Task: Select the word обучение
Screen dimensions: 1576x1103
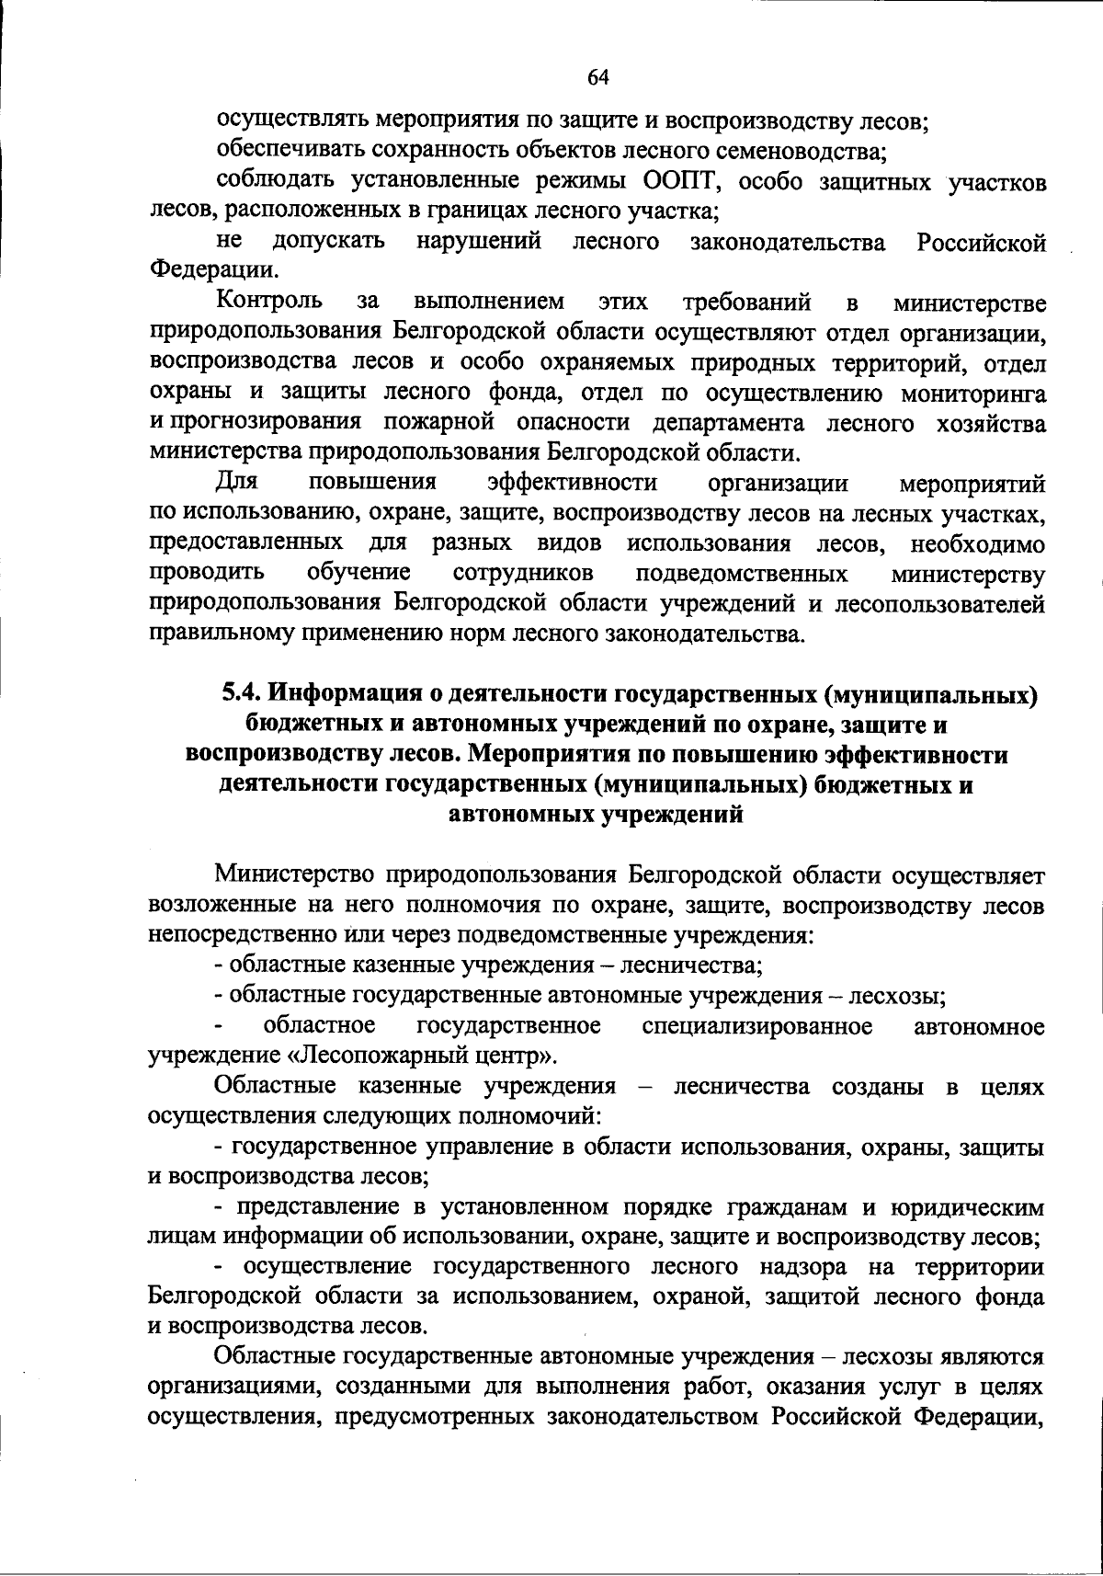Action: pos(358,575)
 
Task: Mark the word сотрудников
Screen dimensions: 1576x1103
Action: pos(523,575)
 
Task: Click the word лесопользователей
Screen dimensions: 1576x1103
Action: pos(939,604)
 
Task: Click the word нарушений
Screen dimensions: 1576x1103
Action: pos(479,242)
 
